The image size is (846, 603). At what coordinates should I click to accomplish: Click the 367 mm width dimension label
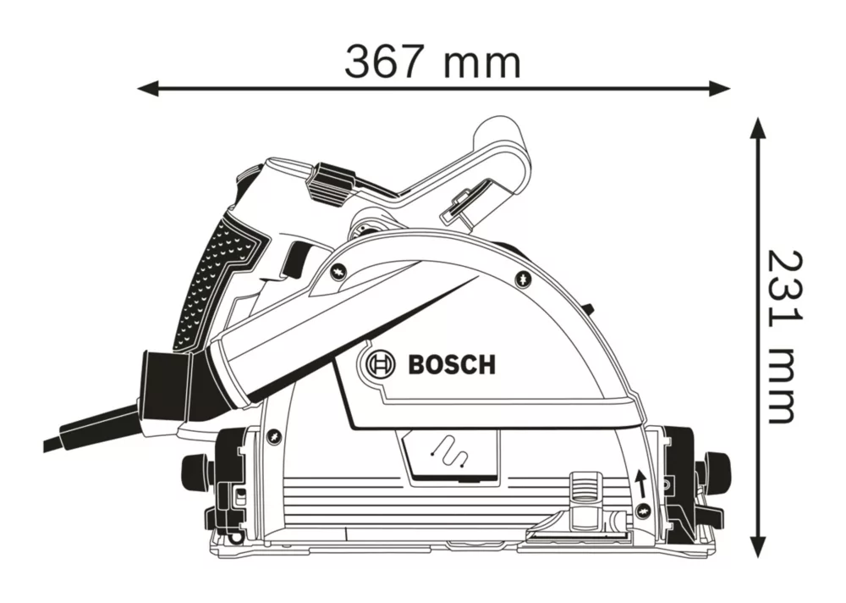pyautogui.click(x=432, y=61)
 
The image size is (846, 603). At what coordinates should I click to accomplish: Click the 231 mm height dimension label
pyautogui.click(x=780, y=335)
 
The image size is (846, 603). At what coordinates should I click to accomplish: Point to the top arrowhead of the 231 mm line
pyautogui.click(x=759, y=129)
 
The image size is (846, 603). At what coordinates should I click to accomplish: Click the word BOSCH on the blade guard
pyautogui.click(x=452, y=366)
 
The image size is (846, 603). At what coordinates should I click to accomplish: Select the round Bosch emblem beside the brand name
pyautogui.click(x=376, y=366)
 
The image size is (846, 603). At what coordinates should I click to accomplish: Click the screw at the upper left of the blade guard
pyautogui.click(x=336, y=272)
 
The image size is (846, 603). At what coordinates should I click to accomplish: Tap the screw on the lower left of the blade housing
pyautogui.click(x=272, y=436)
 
